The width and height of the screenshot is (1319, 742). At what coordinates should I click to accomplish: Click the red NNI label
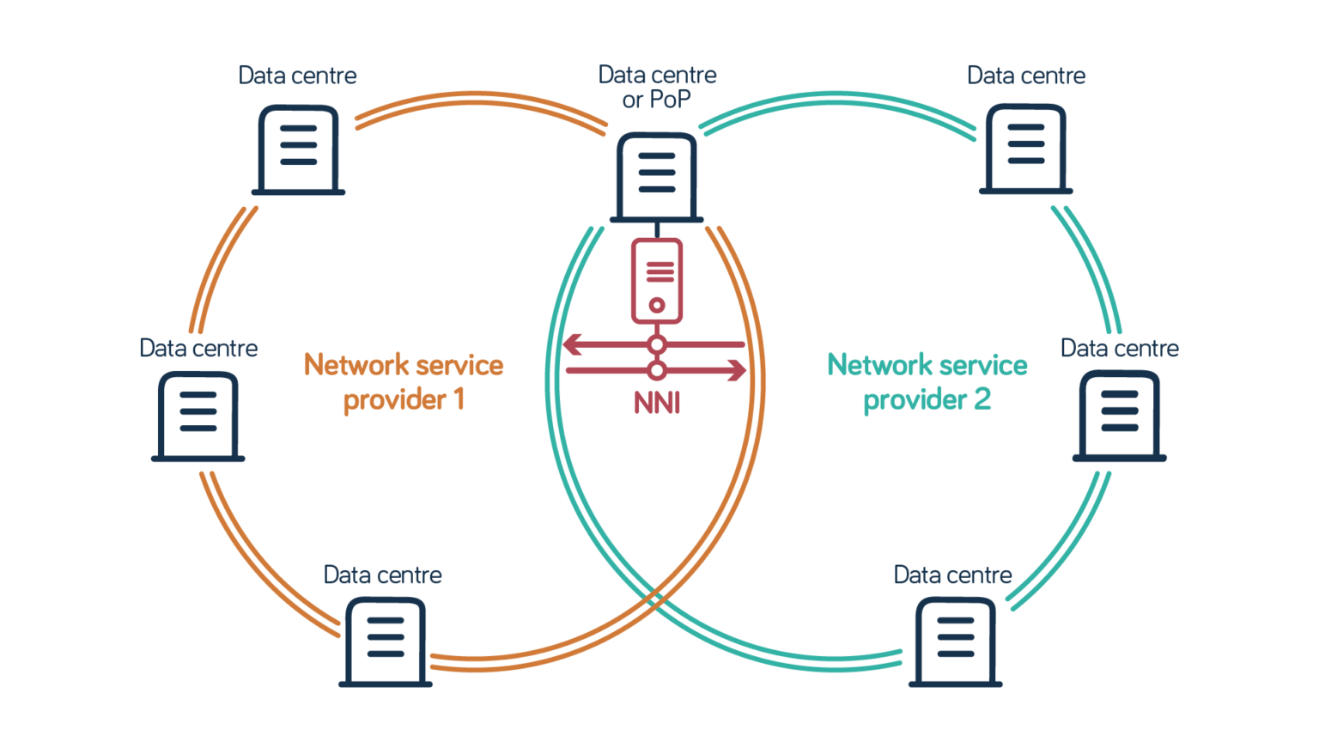(x=657, y=403)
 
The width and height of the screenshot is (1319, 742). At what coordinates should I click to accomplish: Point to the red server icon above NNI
(x=657, y=280)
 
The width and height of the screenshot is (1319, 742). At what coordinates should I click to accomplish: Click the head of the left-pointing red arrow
(x=570, y=345)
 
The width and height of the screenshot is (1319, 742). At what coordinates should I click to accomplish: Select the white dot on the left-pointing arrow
(x=657, y=345)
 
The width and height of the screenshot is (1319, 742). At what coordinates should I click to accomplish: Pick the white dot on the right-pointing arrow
(x=657, y=371)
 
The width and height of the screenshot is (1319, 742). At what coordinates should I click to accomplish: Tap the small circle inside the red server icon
(x=657, y=304)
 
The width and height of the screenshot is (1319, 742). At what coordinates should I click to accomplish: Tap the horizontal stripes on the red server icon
(x=659, y=270)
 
